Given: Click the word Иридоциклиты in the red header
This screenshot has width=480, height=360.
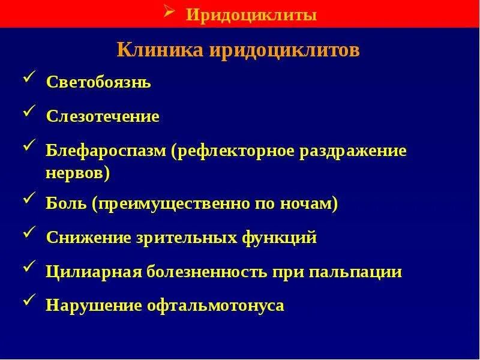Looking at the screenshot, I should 251,15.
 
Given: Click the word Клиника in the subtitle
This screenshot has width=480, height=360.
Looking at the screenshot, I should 160,49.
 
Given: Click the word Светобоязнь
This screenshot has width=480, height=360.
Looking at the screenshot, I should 98,83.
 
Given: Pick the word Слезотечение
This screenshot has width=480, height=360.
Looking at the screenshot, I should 103,116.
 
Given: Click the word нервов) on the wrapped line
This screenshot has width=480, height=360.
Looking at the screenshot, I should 78,173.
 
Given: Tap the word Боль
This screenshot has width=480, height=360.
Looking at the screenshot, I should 67,205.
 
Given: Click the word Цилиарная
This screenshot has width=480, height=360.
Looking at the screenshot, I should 93,272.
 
